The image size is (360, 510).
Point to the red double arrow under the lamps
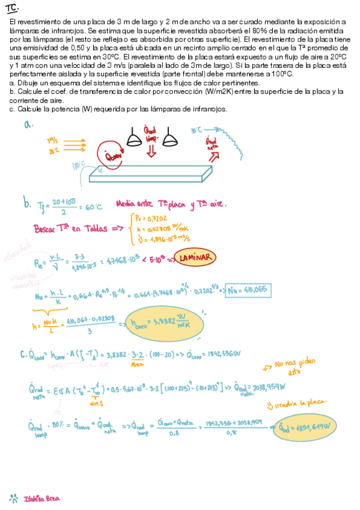tap(151, 151)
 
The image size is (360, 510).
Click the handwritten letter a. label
tap(28, 124)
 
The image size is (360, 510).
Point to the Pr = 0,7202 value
tap(148, 219)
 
